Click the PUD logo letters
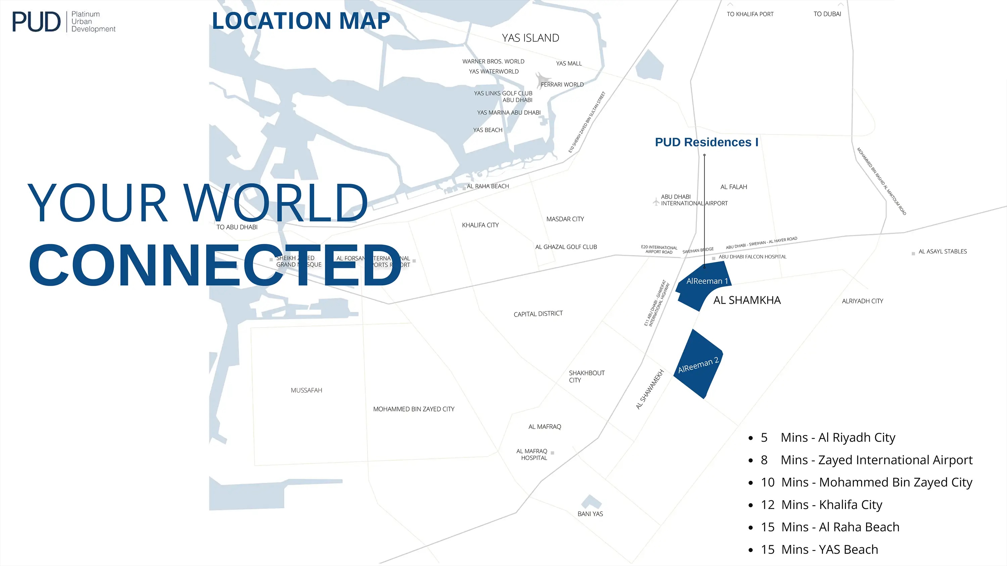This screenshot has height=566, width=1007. (x=36, y=22)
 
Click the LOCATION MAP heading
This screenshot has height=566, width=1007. (x=301, y=21)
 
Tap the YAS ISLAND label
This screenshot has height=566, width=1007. (x=530, y=38)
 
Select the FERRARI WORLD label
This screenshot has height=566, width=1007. (x=562, y=84)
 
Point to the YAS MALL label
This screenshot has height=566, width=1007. (x=568, y=63)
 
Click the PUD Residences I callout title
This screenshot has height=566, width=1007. (x=706, y=142)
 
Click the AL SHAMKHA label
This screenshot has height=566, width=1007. (x=747, y=300)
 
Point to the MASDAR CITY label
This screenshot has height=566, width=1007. (x=565, y=219)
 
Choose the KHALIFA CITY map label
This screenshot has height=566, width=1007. (x=480, y=225)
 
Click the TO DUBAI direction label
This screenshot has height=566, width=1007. (x=827, y=14)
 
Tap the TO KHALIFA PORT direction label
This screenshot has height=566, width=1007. (x=750, y=14)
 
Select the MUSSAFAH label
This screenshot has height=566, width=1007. (x=306, y=390)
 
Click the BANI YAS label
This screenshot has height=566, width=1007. (x=590, y=514)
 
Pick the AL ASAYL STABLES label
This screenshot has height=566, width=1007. (x=942, y=251)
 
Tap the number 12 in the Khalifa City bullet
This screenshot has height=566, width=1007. (x=767, y=505)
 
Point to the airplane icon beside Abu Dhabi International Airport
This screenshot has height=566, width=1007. (x=656, y=202)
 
